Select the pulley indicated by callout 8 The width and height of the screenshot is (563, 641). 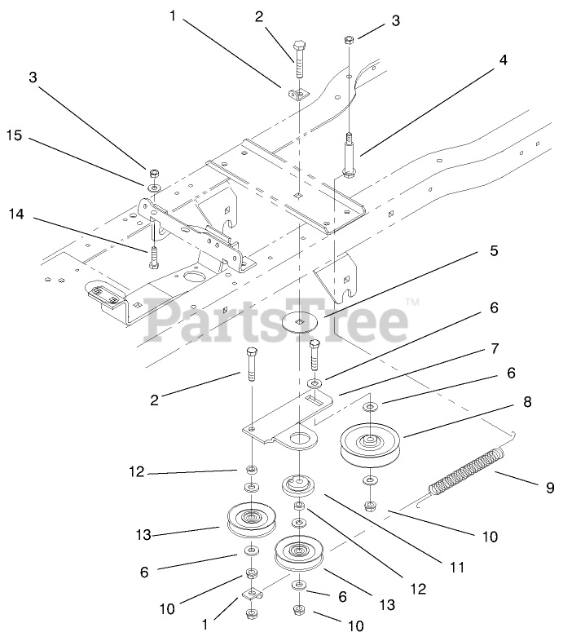tap(371, 444)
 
